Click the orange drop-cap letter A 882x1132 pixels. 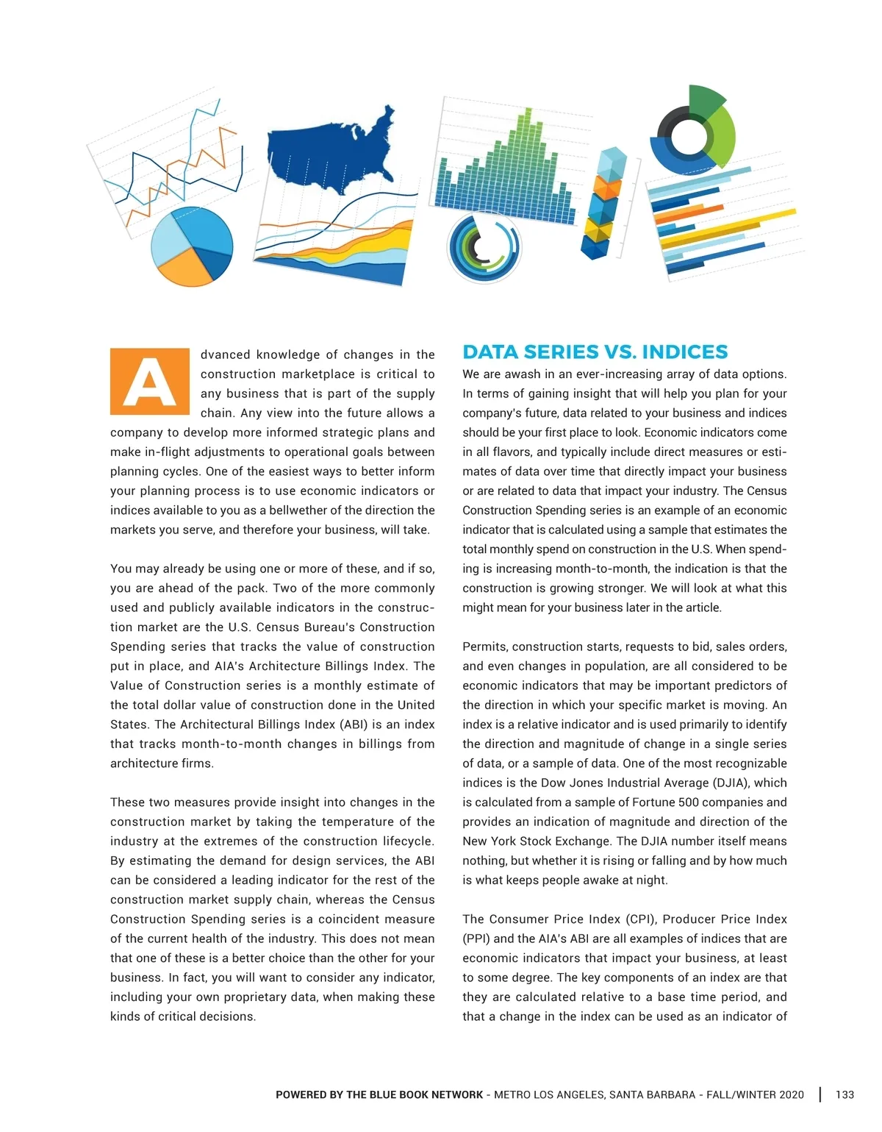pyautogui.click(x=149, y=381)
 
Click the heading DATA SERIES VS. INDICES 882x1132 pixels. pyautogui.click(x=595, y=352)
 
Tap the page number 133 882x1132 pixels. pyautogui.click(x=845, y=1094)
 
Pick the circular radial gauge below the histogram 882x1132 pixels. pyautogui.click(x=484, y=248)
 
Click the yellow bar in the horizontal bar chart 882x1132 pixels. pyautogui.click(x=728, y=228)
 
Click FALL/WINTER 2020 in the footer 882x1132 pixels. pyautogui.click(x=755, y=1094)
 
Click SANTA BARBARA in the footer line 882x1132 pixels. pyautogui.click(x=652, y=1094)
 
